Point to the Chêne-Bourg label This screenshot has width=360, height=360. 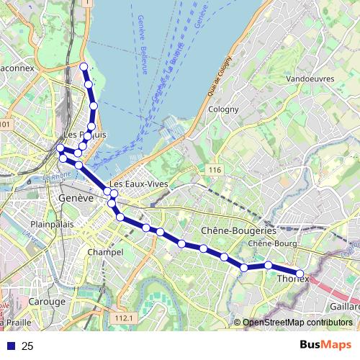coord(268,243)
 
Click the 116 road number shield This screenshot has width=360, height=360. coord(214,170)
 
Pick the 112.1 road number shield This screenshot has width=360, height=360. coord(124,318)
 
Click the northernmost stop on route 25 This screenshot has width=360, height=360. coord(84,67)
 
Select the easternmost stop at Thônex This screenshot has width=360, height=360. coord(301,273)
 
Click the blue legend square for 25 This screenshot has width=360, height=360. coord(10,346)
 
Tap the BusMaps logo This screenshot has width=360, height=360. coord(325,346)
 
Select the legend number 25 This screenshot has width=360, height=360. coord(28,346)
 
